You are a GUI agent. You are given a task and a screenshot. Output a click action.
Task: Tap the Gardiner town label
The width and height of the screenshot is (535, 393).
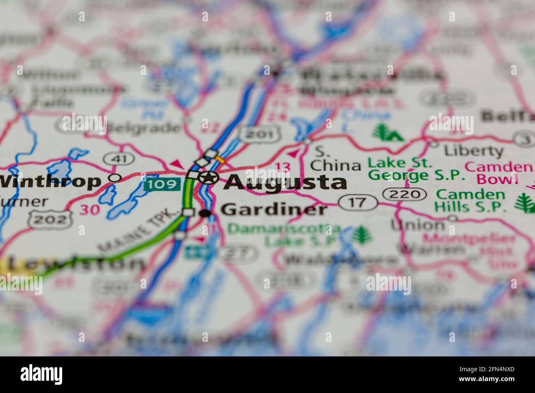274,210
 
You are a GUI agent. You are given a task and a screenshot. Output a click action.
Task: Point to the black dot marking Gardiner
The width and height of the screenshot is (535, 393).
205,213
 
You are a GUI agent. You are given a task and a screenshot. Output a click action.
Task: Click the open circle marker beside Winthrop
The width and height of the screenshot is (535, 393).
116,178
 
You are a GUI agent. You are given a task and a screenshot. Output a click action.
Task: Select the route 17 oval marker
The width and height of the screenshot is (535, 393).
358,202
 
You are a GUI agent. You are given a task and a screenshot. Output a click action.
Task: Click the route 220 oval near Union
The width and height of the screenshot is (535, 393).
405,194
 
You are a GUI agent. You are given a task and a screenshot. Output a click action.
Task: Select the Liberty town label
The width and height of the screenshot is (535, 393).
473,151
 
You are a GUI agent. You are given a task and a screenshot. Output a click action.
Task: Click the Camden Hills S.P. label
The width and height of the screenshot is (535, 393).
471,200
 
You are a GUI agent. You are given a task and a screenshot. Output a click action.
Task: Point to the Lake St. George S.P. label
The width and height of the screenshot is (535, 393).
416,169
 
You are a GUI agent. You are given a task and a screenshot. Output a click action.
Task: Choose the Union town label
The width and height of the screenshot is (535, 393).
418,224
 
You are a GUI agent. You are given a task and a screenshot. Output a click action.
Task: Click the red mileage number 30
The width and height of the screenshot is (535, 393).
90,210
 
